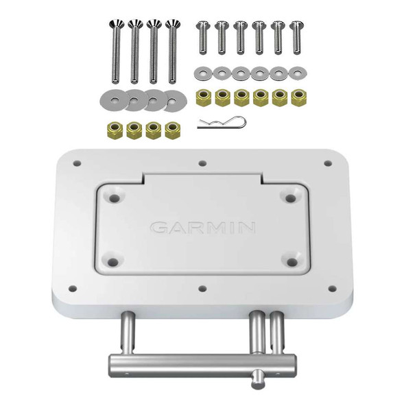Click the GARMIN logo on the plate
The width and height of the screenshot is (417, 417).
[x=202, y=227]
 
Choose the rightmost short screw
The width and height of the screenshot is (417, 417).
[x=296, y=37]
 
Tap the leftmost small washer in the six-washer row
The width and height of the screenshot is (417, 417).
[x=203, y=71]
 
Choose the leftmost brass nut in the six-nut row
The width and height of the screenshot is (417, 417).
[x=204, y=96]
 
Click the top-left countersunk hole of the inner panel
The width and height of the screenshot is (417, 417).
[x=114, y=198]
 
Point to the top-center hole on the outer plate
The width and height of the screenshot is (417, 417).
[x=202, y=164]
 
